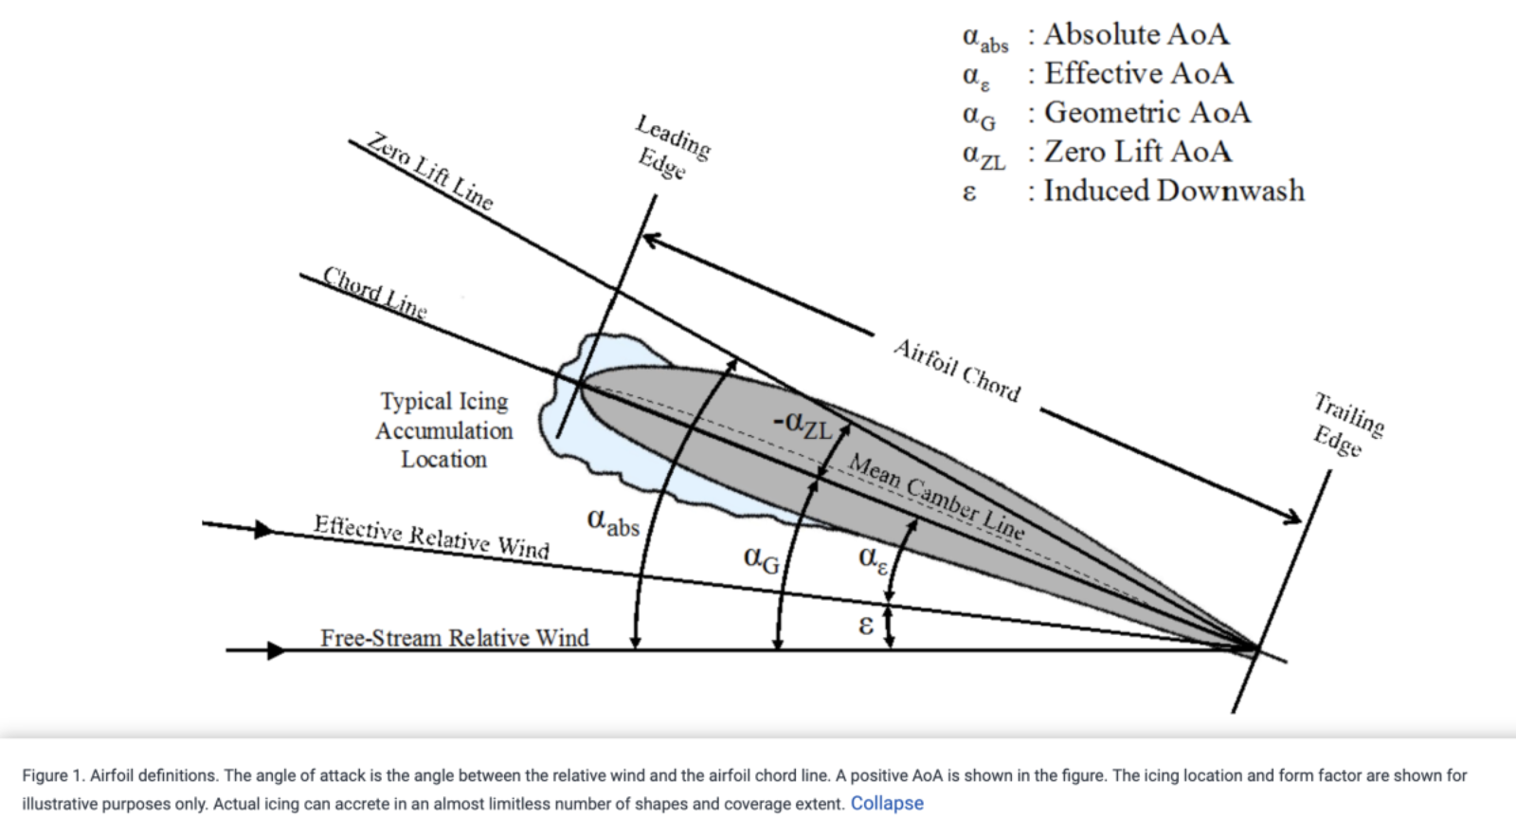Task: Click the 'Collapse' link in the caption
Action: [886, 803]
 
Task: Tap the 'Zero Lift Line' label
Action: [430, 171]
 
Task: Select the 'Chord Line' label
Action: [374, 292]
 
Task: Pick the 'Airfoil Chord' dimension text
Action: [957, 371]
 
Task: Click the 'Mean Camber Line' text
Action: [936, 497]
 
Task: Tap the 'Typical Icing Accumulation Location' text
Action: [444, 430]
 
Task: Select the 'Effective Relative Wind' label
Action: [431, 536]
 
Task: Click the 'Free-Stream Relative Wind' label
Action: [455, 637]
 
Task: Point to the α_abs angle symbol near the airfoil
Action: [612, 521]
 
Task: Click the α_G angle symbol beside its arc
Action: [761, 559]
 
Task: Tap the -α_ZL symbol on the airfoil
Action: [801, 424]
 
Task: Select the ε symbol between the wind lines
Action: [865, 625]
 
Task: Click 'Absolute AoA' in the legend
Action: [1136, 35]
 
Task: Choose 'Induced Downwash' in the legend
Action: [1174, 191]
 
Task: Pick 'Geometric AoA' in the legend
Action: [1146, 113]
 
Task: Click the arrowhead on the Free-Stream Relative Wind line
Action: [275, 650]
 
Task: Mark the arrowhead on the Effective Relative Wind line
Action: [263, 529]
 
